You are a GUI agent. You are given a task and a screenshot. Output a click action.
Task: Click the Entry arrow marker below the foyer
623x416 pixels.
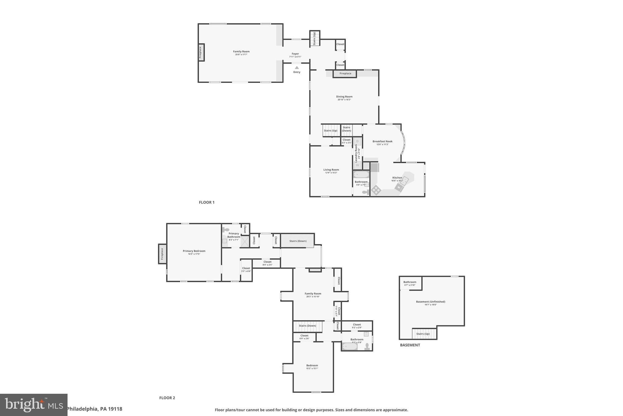297,68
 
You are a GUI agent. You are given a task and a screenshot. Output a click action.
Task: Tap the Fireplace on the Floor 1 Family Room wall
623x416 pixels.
201,52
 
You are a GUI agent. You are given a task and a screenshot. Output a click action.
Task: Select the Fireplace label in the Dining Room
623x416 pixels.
345,73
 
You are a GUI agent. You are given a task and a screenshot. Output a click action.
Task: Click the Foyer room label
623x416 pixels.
295,54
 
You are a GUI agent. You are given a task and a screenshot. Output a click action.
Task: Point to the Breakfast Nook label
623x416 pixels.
382,141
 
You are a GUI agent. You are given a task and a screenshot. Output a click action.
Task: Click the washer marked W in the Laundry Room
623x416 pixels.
357,165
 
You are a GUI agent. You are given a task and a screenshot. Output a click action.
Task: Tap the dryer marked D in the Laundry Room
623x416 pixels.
357,141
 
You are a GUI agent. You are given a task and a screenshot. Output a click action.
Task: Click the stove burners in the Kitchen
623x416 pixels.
376,190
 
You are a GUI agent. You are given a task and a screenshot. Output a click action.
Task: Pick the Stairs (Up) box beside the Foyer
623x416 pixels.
315,38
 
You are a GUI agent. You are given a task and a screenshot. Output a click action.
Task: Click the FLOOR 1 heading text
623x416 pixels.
207,202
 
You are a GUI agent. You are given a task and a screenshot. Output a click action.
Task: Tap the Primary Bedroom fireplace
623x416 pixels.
162,254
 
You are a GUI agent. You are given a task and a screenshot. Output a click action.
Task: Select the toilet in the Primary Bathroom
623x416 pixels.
226,230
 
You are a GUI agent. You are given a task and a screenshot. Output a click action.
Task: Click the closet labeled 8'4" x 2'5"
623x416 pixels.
267,263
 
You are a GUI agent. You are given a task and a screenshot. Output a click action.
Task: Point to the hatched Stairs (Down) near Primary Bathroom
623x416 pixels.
298,241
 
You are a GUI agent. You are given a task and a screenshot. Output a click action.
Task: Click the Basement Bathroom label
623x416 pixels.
410,282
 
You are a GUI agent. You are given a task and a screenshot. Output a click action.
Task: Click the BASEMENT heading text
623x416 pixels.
410,345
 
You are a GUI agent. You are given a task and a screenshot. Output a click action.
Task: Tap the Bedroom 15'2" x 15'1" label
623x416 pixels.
312,365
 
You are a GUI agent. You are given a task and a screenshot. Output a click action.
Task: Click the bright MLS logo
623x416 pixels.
33,405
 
